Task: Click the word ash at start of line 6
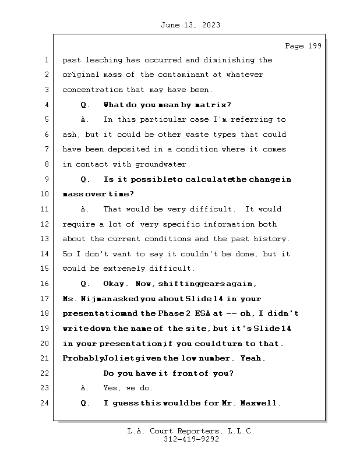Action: [x=69, y=135]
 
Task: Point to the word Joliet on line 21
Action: [x=120, y=358]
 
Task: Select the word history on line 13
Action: [x=270, y=239]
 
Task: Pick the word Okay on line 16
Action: [x=115, y=284]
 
